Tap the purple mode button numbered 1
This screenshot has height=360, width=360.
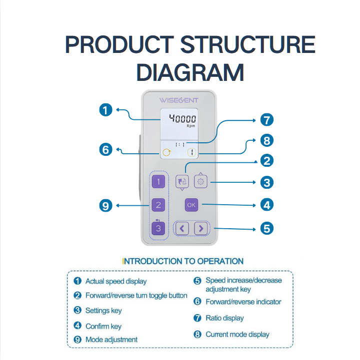coord(158,182)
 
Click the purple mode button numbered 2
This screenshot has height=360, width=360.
coord(158,205)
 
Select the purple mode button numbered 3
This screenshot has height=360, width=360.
coord(158,229)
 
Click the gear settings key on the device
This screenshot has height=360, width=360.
coord(200,182)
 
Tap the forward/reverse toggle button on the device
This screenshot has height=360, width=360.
coord(182,182)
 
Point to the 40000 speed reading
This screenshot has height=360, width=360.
coord(182,118)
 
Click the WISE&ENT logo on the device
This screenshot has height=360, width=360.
coord(179,100)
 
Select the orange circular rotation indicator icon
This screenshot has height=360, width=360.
coord(166,152)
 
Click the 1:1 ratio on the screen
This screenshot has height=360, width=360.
coord(180,145)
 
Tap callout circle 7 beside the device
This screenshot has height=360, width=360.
coord(267,120)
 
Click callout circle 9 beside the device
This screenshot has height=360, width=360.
coord(105,206)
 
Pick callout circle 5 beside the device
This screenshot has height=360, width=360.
coord(267,229)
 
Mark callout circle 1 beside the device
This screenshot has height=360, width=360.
coord(105,110)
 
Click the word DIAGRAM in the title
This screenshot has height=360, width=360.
coord(190,72)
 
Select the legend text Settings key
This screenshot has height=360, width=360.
coord(103,311)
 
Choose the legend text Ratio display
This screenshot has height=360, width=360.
coord(224,318)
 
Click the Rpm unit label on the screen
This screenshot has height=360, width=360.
coord(191,126)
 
